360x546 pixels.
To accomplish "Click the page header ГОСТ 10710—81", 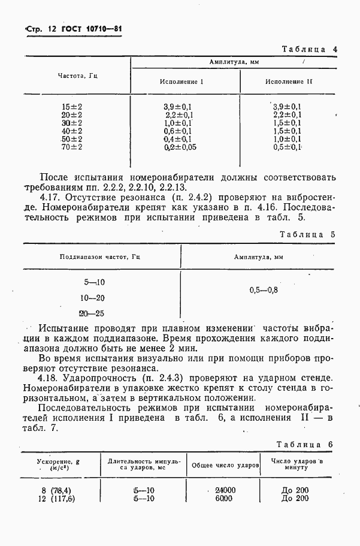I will coord(74,29).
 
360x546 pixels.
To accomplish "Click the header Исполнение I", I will coord(181,82).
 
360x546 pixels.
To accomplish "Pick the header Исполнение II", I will coord(289,82).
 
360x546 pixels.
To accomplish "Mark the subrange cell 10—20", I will coord(92,298).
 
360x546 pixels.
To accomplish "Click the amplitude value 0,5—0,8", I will coord(264,289).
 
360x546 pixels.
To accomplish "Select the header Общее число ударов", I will coord(225,465).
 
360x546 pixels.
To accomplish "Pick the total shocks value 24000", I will coord(225,490).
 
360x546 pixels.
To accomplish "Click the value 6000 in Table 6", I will coord(225,498).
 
